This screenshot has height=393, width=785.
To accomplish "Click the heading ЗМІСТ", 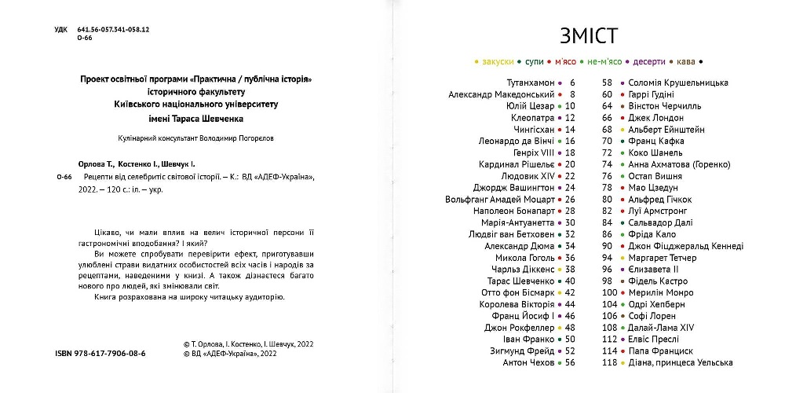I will [x=588, y=35].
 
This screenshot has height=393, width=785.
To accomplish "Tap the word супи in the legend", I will [x=535, y=61].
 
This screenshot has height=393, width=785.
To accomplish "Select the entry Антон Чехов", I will [x=528, y=362].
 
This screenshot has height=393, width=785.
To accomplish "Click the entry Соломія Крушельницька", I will [x=678, y=83].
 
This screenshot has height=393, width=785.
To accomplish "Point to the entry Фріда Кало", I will [x=653, y=234].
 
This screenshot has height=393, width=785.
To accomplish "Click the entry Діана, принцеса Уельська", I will [x=681, y=362].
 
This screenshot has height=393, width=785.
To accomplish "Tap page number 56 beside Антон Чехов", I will [x=570, y=362].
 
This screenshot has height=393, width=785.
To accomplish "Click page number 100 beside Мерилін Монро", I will [x=609, y=292].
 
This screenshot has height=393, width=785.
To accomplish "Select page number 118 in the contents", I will [x=609, y=362].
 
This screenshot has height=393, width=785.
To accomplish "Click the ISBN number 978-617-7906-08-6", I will [x=111, y=354].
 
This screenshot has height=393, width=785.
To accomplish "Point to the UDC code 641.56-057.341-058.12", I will [x=113, y=29].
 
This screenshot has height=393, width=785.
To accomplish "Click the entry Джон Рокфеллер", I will [x=519, y=327].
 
